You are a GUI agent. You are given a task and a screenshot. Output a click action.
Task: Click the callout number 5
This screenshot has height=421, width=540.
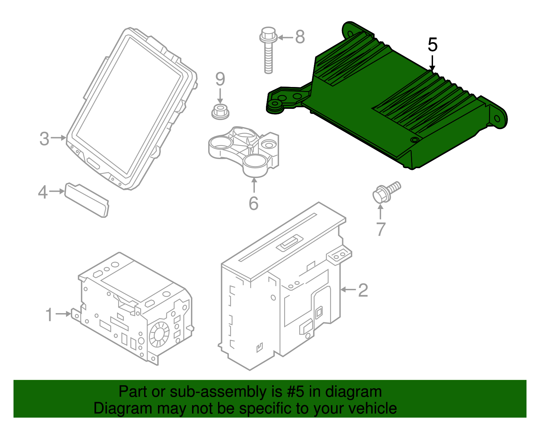pyautogui.click(x=432, y=45)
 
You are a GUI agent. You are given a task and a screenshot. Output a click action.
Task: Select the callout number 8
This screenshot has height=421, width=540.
pyautogui.click(x=300, y=37)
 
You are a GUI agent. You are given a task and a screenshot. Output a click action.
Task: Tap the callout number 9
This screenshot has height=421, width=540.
pyautogui.click(x=220, y=79)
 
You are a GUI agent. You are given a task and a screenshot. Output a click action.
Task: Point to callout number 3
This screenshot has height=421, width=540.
pyautogui.click(x=44, y=139)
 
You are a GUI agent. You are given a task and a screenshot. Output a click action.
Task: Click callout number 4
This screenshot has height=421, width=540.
pyautogui.click(x=43, y=192)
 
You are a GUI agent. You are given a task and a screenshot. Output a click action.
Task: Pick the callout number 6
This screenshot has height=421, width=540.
pyautogui.click(x=253, y=203)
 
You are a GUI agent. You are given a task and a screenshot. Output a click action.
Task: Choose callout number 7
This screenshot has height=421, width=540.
pyautogui.click(x=381, y=229)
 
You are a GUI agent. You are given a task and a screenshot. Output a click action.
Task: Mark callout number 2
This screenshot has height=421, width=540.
pyautogui.click(x=363, y=290)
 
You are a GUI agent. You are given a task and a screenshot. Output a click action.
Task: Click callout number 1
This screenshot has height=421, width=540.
pyautogui.click(x=49, y=314)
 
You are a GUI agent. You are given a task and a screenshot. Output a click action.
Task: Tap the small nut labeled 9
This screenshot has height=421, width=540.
pyautogui.click(x=220, y=112)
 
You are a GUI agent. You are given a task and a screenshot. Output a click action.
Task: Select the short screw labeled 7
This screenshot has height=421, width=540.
pyautogui.click(x=385, y=193)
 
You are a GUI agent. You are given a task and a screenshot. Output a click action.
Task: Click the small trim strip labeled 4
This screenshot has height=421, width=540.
pyautogui.click(x=87, y=200)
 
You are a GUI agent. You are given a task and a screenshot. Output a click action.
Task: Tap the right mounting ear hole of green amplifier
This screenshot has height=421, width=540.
pyautogui.click(x=497, y=119)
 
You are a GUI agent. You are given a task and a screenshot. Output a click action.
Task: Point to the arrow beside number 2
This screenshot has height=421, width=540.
pyautogui.click(x=348, y=290)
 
